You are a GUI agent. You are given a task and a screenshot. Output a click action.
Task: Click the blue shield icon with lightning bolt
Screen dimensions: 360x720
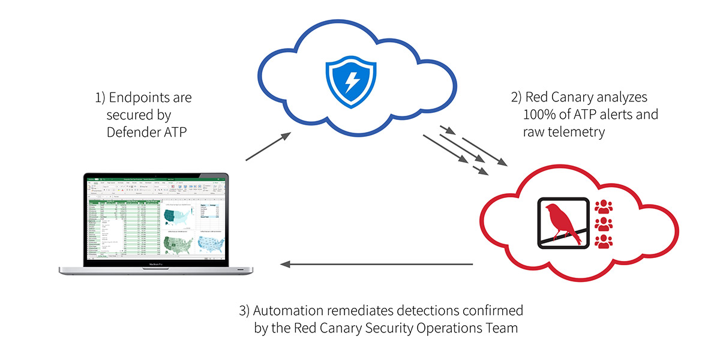click(x=350, y=83)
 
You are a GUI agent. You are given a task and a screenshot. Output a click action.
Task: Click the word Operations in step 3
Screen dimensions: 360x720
click(x=439, y=328)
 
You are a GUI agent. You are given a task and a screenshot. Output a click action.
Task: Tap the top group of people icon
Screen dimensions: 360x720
click(x=602, y=207)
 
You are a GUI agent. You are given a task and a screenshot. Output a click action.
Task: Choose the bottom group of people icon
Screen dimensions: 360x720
click(x=602, y=241)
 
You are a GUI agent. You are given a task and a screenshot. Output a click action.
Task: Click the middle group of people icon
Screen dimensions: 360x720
click(x=602, y=224)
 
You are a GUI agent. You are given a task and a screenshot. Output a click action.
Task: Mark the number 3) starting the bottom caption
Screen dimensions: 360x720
click(x=244, y=311)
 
